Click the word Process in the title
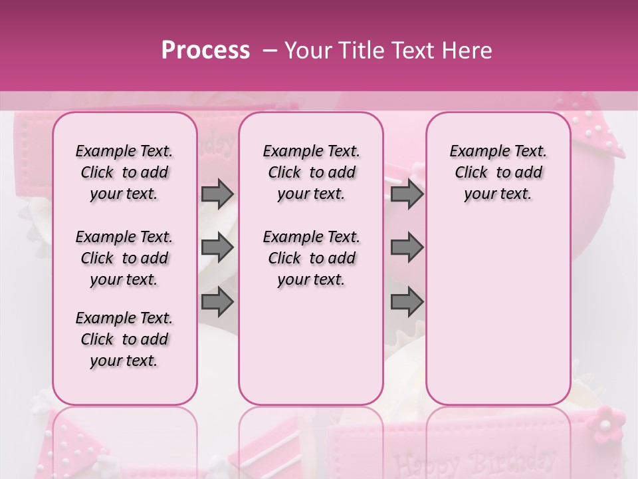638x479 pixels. [x=205, y=50]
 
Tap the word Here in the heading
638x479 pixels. [x=467, y=50]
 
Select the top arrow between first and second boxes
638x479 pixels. [x=217, y=194]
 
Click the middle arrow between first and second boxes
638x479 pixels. [x=217, y=247]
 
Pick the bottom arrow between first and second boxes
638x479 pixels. [x=217, y=302]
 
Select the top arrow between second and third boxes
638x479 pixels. [x=407, y=194]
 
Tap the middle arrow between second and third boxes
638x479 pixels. [x=407, y=247]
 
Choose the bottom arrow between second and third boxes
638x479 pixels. [x=407, y=302]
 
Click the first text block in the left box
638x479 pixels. [x=124, y=172]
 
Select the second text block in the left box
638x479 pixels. [x=124, y=258]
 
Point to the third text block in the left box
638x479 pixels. [x=124, y=339]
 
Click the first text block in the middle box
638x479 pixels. [x=312, y=172]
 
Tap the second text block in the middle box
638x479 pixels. [x=312, y=258]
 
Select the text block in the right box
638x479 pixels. [x=498, y=172]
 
